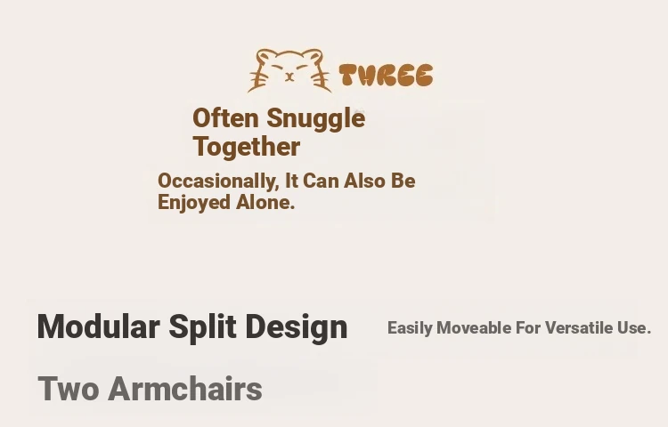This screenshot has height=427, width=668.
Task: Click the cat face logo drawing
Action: click(x=289, y=70)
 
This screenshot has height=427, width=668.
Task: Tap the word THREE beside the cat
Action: click(x=386, y=76)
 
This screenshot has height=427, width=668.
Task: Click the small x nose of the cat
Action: click(x=289, y=77)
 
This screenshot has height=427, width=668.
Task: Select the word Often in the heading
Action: click(x=225, y=117)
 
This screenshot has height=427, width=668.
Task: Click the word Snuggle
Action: click(x=315, y=119)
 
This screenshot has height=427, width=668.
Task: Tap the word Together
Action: click(x=247, y=148)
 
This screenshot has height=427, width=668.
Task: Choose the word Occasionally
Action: click(x=218, y=181)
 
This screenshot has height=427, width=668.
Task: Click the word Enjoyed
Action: click(x=194, y=203)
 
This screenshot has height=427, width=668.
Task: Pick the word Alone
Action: click(x=265, y=202)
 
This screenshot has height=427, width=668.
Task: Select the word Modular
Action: click(x=98, y=326)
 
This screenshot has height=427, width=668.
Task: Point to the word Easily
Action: click(x=410, y=328)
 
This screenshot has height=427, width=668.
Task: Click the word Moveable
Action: click(x=474, y=328)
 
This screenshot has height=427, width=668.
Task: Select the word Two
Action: click(x=69, y=389)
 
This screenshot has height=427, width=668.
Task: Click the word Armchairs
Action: click(x=185, y=389)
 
